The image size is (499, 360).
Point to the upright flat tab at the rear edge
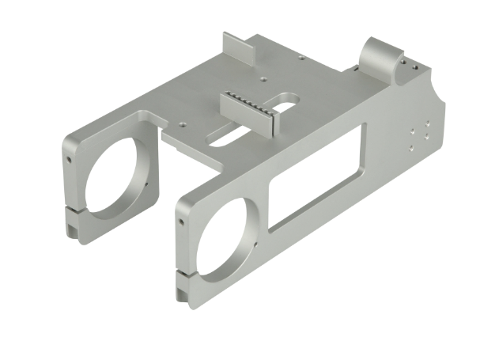click(x=236, y=48)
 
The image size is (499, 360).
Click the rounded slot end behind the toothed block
click(x=289, y=99)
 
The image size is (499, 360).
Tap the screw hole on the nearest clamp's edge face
click(x=181, y=222)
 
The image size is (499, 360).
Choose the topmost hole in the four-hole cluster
click(x=427, y=123)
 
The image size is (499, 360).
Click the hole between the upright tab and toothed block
click(x=262, y=78)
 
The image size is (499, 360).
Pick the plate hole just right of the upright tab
click(x=301, y=57)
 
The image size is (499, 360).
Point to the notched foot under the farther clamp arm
click(x=73, y=229)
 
